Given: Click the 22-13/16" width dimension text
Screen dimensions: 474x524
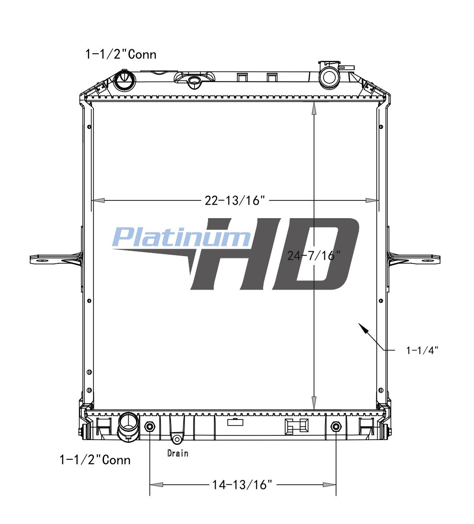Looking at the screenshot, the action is (235, 200).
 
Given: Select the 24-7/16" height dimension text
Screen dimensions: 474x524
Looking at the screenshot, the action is (313, 256).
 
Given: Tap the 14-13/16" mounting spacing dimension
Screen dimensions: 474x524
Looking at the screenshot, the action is (242, 485).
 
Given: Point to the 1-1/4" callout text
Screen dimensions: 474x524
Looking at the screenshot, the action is (422, 350).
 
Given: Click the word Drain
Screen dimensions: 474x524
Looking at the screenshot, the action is (178, 453).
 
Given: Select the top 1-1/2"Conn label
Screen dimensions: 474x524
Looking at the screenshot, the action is (121, 54).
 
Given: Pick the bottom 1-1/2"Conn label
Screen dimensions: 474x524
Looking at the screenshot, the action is (95, 460).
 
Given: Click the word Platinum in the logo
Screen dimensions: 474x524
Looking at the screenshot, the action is (181, 237).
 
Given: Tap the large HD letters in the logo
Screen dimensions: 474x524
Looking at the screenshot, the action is (275, 254).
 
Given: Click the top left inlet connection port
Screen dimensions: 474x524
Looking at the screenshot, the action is (125, 80).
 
